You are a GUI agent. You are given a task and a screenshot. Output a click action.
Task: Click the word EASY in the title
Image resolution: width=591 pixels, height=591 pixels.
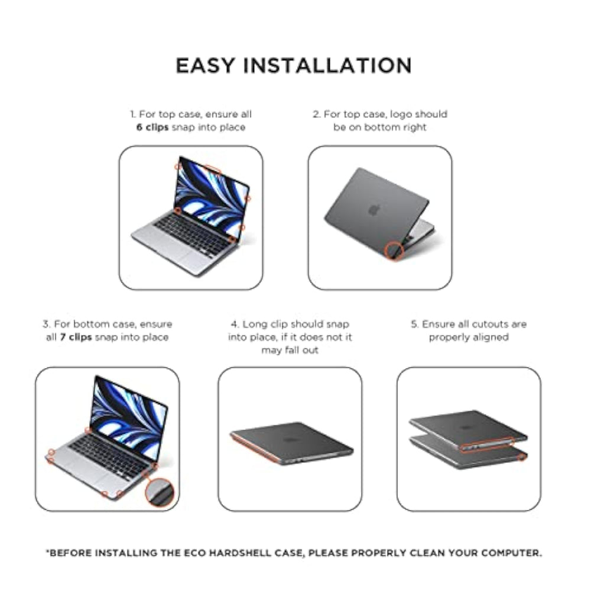pos(205,66)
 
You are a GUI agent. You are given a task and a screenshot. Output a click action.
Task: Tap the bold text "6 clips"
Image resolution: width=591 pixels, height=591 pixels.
pos(152,128)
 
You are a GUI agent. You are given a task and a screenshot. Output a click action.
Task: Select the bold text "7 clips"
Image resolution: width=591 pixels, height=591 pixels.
pos(76,337)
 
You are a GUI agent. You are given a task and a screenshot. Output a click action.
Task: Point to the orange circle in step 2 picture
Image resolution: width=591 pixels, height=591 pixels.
pos(394,251)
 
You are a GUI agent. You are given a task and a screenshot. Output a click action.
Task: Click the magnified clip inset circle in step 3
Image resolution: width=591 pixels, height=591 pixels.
pos(160,492)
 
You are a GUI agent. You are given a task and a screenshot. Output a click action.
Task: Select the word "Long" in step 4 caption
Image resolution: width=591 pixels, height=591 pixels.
pos(254,324)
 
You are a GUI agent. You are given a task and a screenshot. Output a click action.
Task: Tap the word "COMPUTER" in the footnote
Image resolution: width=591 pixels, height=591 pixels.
pos(511,553)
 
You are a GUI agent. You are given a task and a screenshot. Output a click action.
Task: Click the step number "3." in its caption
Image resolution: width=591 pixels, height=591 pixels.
pos(46,324)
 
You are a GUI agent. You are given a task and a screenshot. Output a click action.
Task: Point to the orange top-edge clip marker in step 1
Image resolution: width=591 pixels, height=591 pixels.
pos(208,168)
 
